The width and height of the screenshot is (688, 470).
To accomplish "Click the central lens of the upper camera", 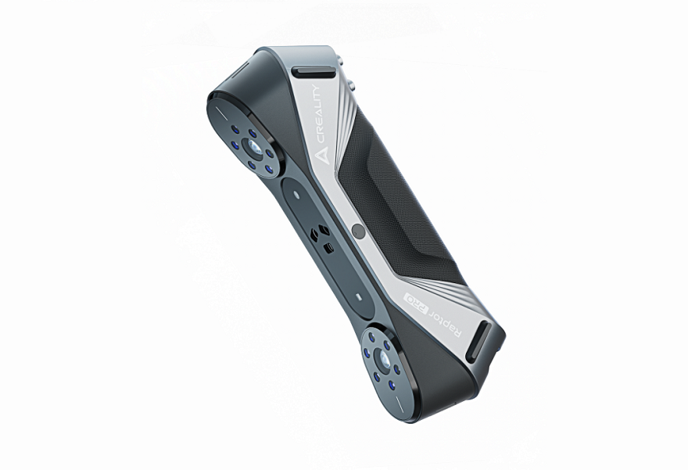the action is pos(253,146).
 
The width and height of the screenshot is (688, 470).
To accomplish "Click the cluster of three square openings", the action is pos(321,239).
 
